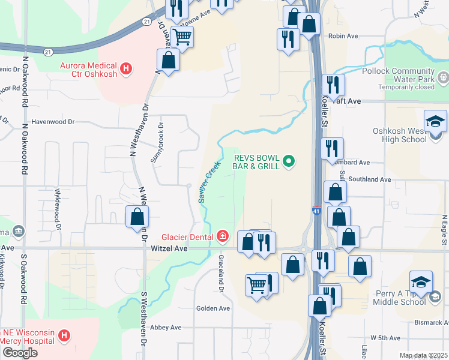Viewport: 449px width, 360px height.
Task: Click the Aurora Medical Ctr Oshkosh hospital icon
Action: tap(125, 68)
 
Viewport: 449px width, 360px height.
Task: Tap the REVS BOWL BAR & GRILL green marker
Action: tap(289, 161)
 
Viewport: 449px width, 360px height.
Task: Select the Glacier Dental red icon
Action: tap(223, 236)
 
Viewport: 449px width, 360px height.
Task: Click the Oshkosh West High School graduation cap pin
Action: tap(435, 123)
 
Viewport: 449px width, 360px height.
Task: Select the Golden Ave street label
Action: tap(213, 308)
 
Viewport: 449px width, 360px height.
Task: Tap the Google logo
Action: tap(20, 353)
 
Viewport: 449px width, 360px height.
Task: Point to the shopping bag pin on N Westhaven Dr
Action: tap(137, 217)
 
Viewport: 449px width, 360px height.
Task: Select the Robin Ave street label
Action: tap(343, 36)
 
